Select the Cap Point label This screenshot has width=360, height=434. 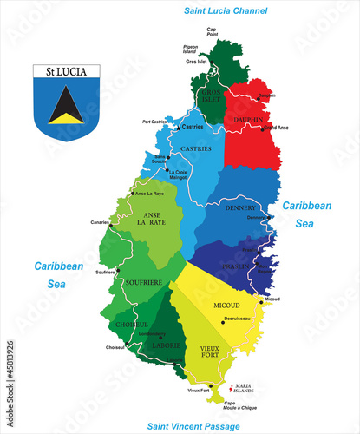211,31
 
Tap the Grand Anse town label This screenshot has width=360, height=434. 275,128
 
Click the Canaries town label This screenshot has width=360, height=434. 100,221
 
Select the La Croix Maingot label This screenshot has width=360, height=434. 178,174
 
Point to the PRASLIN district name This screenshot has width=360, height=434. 235,266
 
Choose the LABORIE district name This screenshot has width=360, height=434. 169,345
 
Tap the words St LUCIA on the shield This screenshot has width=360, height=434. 67,70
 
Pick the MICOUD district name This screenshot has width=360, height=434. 227,306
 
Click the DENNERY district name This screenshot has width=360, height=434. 239,208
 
